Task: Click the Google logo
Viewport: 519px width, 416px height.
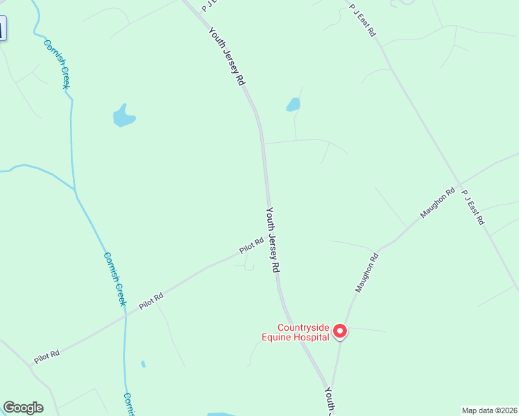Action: click(23, 408)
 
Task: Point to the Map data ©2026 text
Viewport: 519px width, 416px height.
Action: click(490, 410)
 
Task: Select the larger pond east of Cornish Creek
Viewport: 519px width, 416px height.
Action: click(124, 116)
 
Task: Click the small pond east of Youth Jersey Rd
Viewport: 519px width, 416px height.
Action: click(293, 105)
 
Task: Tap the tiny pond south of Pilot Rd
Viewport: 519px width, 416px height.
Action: click(143, 364)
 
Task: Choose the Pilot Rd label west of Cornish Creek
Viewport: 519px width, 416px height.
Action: click(46, 356)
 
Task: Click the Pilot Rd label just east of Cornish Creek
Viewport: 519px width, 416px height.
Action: click(151, 300)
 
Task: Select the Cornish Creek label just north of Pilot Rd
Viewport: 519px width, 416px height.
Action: click(114, 277)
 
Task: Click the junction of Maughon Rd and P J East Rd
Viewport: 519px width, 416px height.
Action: click(457, 184)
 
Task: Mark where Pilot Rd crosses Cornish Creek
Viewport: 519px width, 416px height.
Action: click(126, 315)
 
